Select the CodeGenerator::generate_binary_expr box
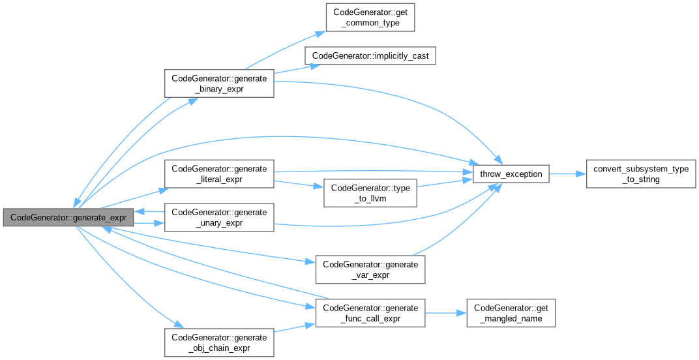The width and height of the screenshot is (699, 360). pos(218,83)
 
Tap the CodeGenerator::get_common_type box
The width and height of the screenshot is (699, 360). pos(370,18)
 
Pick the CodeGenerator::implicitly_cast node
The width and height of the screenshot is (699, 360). pos(370,56)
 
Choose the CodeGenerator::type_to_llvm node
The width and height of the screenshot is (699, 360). pos(370,193)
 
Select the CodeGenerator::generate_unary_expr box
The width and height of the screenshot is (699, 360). pos(218,217)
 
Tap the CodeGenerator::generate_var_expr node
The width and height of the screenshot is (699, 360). pos(370,269)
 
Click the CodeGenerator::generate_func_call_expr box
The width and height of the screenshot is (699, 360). pos(370,313)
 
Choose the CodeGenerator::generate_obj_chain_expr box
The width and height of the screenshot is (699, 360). pos(218,342)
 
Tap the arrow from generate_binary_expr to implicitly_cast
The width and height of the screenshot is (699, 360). pos(290,69)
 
